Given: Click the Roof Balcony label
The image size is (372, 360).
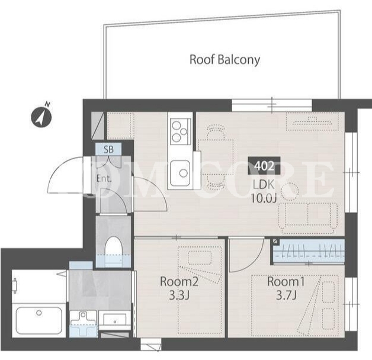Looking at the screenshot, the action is pos(225,60).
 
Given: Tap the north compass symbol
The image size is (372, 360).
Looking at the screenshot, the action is pos(41,116).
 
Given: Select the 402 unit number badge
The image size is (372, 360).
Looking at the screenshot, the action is pos(264,166).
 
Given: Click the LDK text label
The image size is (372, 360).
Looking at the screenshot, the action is pos(264,185).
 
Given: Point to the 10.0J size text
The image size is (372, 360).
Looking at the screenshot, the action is pos(264,198).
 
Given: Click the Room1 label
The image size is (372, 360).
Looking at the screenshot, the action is pos(286,281).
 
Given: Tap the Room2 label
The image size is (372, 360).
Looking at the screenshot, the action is pos(179,281).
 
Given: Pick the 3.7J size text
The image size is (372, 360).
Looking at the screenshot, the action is pos(286,295).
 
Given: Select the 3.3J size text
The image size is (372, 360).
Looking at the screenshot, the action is pos(179,295).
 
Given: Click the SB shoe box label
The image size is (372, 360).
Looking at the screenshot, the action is pos(108,149).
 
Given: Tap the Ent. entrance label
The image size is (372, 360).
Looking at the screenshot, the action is pos(104,178).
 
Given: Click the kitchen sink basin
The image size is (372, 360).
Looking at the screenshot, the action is pos(180,173).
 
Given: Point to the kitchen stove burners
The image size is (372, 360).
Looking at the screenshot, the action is pos(179,131).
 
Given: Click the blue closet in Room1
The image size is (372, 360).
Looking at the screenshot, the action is pos(309,251).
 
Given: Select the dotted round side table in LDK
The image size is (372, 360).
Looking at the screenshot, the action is pos(290,191).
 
